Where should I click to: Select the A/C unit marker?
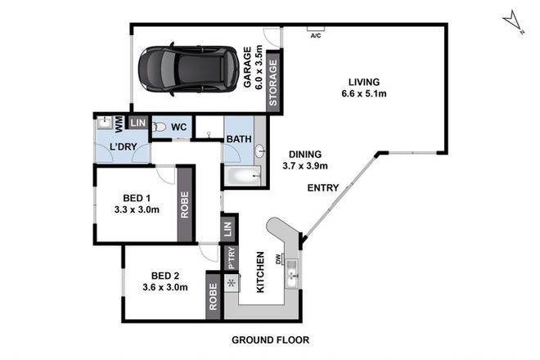tap(315, 34)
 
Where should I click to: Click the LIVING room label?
tap(364, 81)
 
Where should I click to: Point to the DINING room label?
tap(304, 153)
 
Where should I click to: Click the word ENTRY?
tap(322, 188)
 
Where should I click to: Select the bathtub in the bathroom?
tap(243, 176)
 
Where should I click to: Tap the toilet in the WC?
tap(160, 128)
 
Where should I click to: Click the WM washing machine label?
tap(119, 125)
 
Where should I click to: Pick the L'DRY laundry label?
tap(122, 148)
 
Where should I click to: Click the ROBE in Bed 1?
tap(186, 205)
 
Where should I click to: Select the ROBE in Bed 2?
tap(213, 300)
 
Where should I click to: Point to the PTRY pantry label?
tap(232, 259)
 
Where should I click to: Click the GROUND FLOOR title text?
tap(271, 339)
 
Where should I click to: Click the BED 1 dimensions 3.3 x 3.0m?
tap(136, 209)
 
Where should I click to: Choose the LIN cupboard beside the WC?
tap(137, 124)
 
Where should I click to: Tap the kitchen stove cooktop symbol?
tap(232, 284)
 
